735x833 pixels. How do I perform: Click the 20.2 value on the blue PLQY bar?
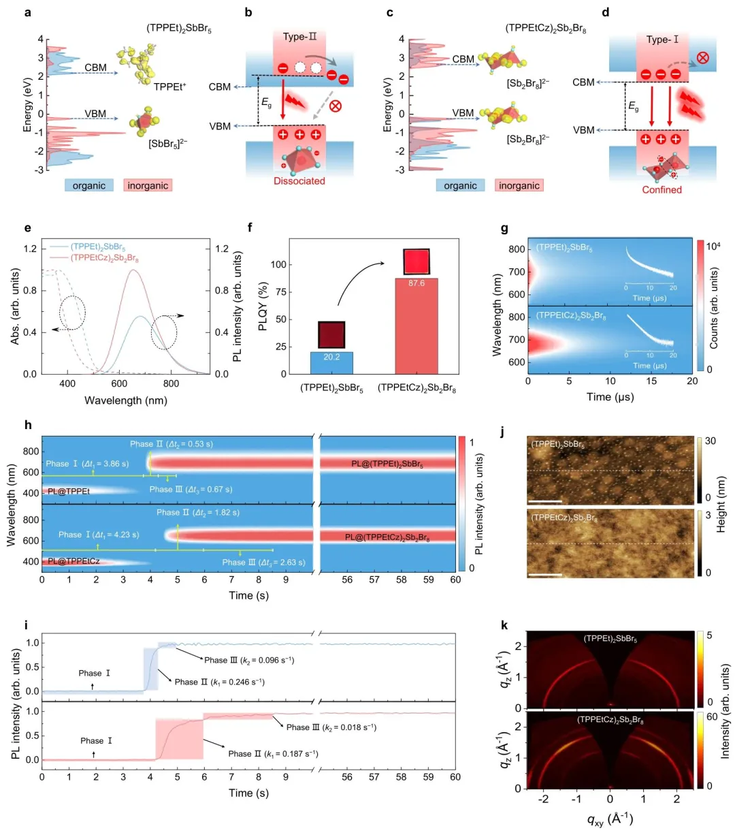(331, 356)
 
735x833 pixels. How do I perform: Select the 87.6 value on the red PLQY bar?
(416, 283)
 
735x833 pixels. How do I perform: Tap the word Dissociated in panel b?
(299, 181)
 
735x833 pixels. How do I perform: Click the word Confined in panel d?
(661, 190)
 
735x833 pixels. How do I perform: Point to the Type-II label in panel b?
(300, 37)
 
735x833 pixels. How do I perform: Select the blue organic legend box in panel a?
(89, 185)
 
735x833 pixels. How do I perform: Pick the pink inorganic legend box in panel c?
(519, 185)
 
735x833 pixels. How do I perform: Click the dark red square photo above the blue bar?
(331, 335)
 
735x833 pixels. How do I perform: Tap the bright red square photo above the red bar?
(416, 262)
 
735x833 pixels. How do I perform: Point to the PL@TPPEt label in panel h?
(69, 490)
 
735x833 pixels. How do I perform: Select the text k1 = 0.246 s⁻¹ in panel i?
(219, 682)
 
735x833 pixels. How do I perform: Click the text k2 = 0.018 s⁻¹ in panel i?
(331, 727)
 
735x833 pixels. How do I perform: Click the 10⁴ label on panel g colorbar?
(713, 247)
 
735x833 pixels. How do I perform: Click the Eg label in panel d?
(633, 106)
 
